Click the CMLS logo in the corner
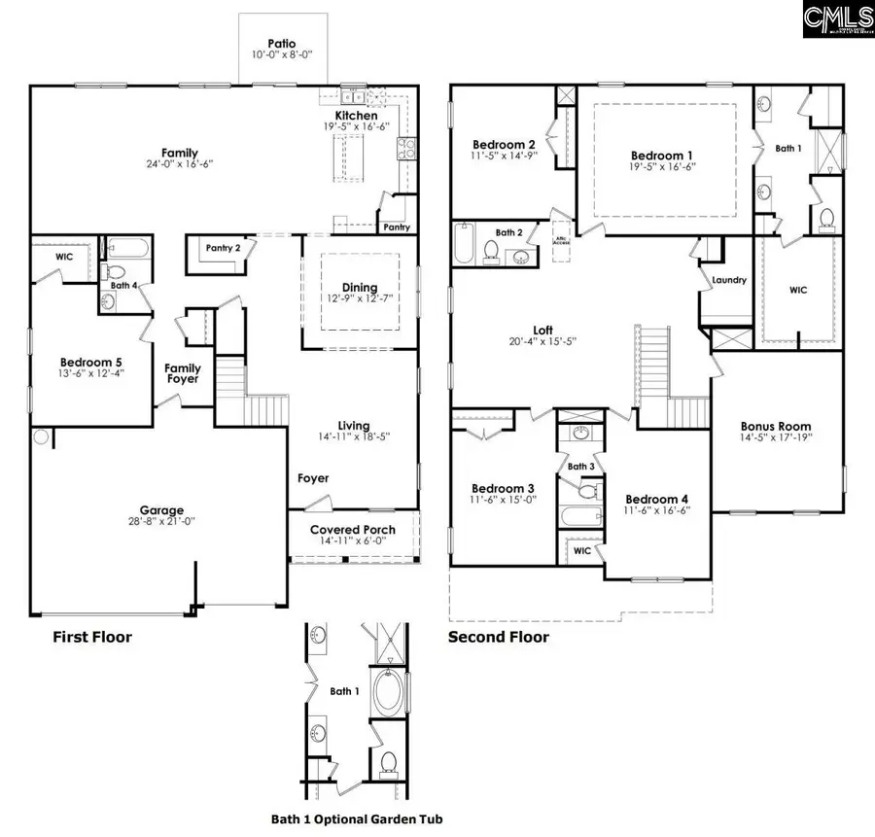(x=838, y=19)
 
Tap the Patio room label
(x=282, y=44)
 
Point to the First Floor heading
(x=91, y=638)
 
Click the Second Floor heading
(x=498, y=638)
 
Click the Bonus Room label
(x=775, y=427)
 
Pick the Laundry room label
(x=729, y=281)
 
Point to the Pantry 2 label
(x=224, y=248)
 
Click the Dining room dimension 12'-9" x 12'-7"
(x=360, y=299)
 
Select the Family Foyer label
(x=183, y=373)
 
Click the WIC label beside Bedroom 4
(x=581, y=550)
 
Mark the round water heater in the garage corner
(x=42, y=437)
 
